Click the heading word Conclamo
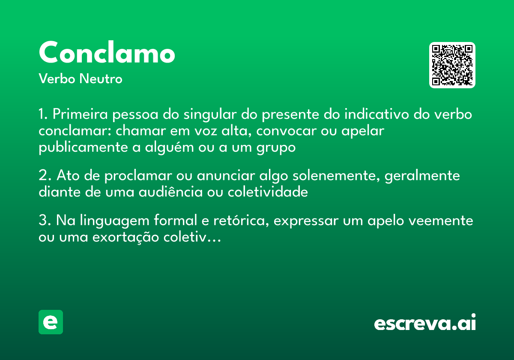(107, 53)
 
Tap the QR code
(452, 65)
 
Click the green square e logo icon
(51, 322)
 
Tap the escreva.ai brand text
(425, 323)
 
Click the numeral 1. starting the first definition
(43, 115)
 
